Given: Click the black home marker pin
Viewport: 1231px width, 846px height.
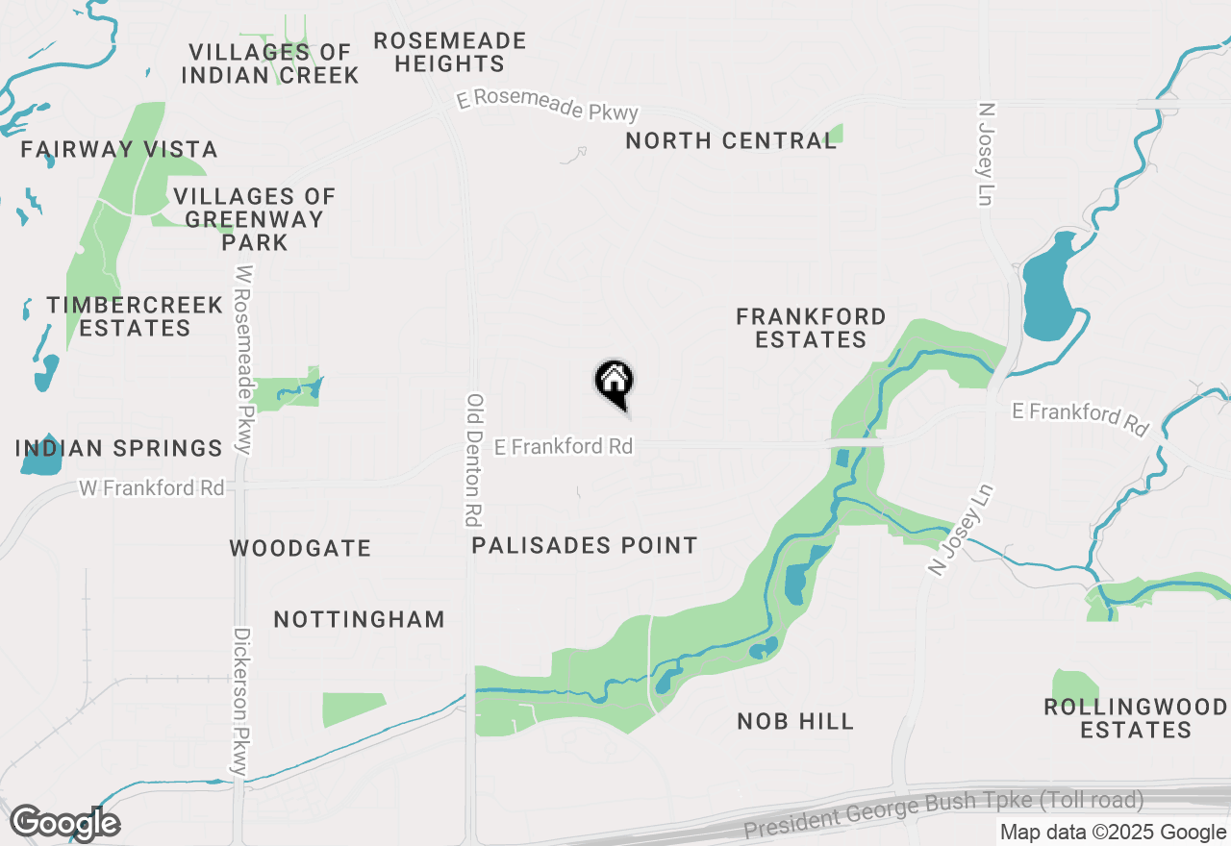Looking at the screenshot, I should pyautogui.click(x=614, y=383).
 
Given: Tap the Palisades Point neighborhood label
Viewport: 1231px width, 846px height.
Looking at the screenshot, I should pyautogui.click(x=585, y=546).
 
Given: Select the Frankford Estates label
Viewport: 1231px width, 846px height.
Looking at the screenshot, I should pyautogui.click(x=811, y=328).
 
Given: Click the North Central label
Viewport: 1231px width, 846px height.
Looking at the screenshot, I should pyautogui.click(x=731, y=141).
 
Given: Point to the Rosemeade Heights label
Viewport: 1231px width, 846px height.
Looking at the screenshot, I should pyautogui.click(x=450, y=53).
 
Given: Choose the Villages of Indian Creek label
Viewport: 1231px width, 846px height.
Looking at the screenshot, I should pyautogui.click(x=270, y=63).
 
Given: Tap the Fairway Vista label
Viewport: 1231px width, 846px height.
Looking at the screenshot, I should pyautogui.click(x=119, y=150).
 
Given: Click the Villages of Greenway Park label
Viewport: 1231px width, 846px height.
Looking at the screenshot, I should pyautogui.click(x=255, y=219).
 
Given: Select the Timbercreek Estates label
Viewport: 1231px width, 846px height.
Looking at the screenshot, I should pyautogui.click(x=135, y=316).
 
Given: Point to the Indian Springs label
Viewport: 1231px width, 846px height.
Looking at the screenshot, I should pyautogui.click(x=119, y=448).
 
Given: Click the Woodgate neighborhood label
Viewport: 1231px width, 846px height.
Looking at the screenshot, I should pyautogui.click(x=300, y=549).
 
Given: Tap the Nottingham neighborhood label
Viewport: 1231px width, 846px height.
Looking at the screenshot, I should pyautogui.click(x=360, y=619).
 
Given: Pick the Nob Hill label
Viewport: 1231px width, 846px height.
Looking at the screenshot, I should pyautogui.click(x=795, y=721).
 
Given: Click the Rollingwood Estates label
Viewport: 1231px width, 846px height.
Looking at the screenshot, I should pyautogui.click(x=1136, y=719).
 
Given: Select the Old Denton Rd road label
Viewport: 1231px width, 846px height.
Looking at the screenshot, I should pyautogui.click(x=473, y=460).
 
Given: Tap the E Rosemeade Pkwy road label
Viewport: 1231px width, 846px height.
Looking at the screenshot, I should pyautogui.click(x=547, y=106).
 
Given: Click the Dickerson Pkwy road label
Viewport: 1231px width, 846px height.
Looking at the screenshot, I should pyautogui.click(x=241, y=702).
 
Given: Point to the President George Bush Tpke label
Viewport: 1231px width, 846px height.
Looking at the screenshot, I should pyautogui.click(x=943, y=812).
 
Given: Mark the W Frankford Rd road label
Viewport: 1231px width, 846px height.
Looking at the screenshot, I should pyautogui.click(x=151, y=488).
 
